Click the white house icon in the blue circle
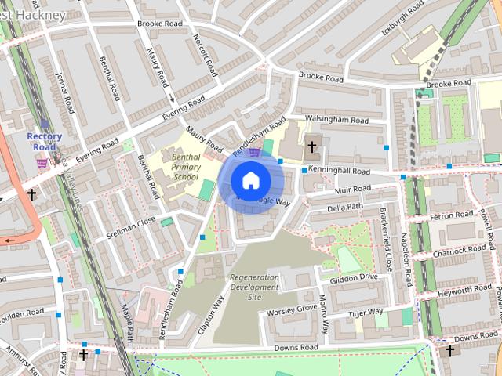[x=250, y=181]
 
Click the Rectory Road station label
[x=44, y=141]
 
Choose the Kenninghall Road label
[x=339, y=170]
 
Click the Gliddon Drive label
[x=354, y=277]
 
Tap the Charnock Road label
[x=460, y=251]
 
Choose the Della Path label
[x=345, y=208]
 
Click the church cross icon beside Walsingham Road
[x=312, y=146]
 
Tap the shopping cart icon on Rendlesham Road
[x=254, y=153]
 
